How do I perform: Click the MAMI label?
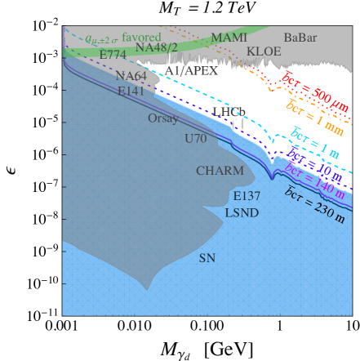coord(229,38)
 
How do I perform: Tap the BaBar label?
coord(301,38)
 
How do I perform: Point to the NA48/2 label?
coord(156,47)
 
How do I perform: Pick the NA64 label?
coord(131,76)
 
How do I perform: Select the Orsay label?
coord(163,118)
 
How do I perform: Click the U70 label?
coord(196,139)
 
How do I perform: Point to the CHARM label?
coord(220,171)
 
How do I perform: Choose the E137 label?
coord(247,196)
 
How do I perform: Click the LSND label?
coord(242,213)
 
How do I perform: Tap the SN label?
coord(207,258)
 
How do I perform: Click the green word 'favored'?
coord(141,37)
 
